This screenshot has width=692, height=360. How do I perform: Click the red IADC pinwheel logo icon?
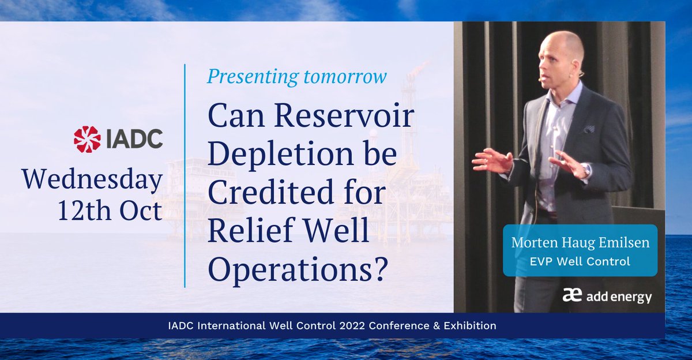tap(87, 139)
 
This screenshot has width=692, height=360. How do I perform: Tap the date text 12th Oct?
tap(110, 212)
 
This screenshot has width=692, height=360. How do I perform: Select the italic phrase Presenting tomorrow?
tap(296, 76)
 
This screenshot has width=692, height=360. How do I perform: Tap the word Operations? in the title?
tap(297, 269)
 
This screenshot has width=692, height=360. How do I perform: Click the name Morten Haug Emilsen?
tap(580, 243)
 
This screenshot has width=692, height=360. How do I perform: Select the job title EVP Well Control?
tap(580, 261)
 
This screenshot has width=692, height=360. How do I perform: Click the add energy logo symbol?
tap(571, 297)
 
